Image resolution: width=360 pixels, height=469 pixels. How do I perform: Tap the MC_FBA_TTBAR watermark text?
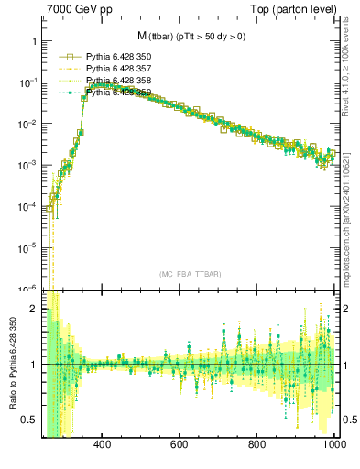[x=191, y=274]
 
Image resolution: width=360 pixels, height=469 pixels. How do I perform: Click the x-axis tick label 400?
[x=103, y=444]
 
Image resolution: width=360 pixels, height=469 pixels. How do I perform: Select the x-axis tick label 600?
[x=180, y=444]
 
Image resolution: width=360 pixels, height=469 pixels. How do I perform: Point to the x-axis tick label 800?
[x=258, y=444]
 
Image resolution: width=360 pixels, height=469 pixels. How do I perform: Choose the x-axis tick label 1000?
[x=333, y=444]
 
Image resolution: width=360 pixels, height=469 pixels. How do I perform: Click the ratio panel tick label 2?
[x=33, y=309]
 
